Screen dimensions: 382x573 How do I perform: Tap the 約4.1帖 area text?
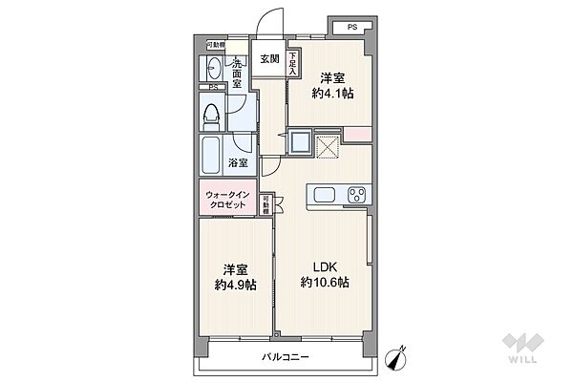[330, 95]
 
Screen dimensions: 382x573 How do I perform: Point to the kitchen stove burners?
[357, 196]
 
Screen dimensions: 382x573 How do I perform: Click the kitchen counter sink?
[322, 196]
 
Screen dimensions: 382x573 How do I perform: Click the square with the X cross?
[328, 148]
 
